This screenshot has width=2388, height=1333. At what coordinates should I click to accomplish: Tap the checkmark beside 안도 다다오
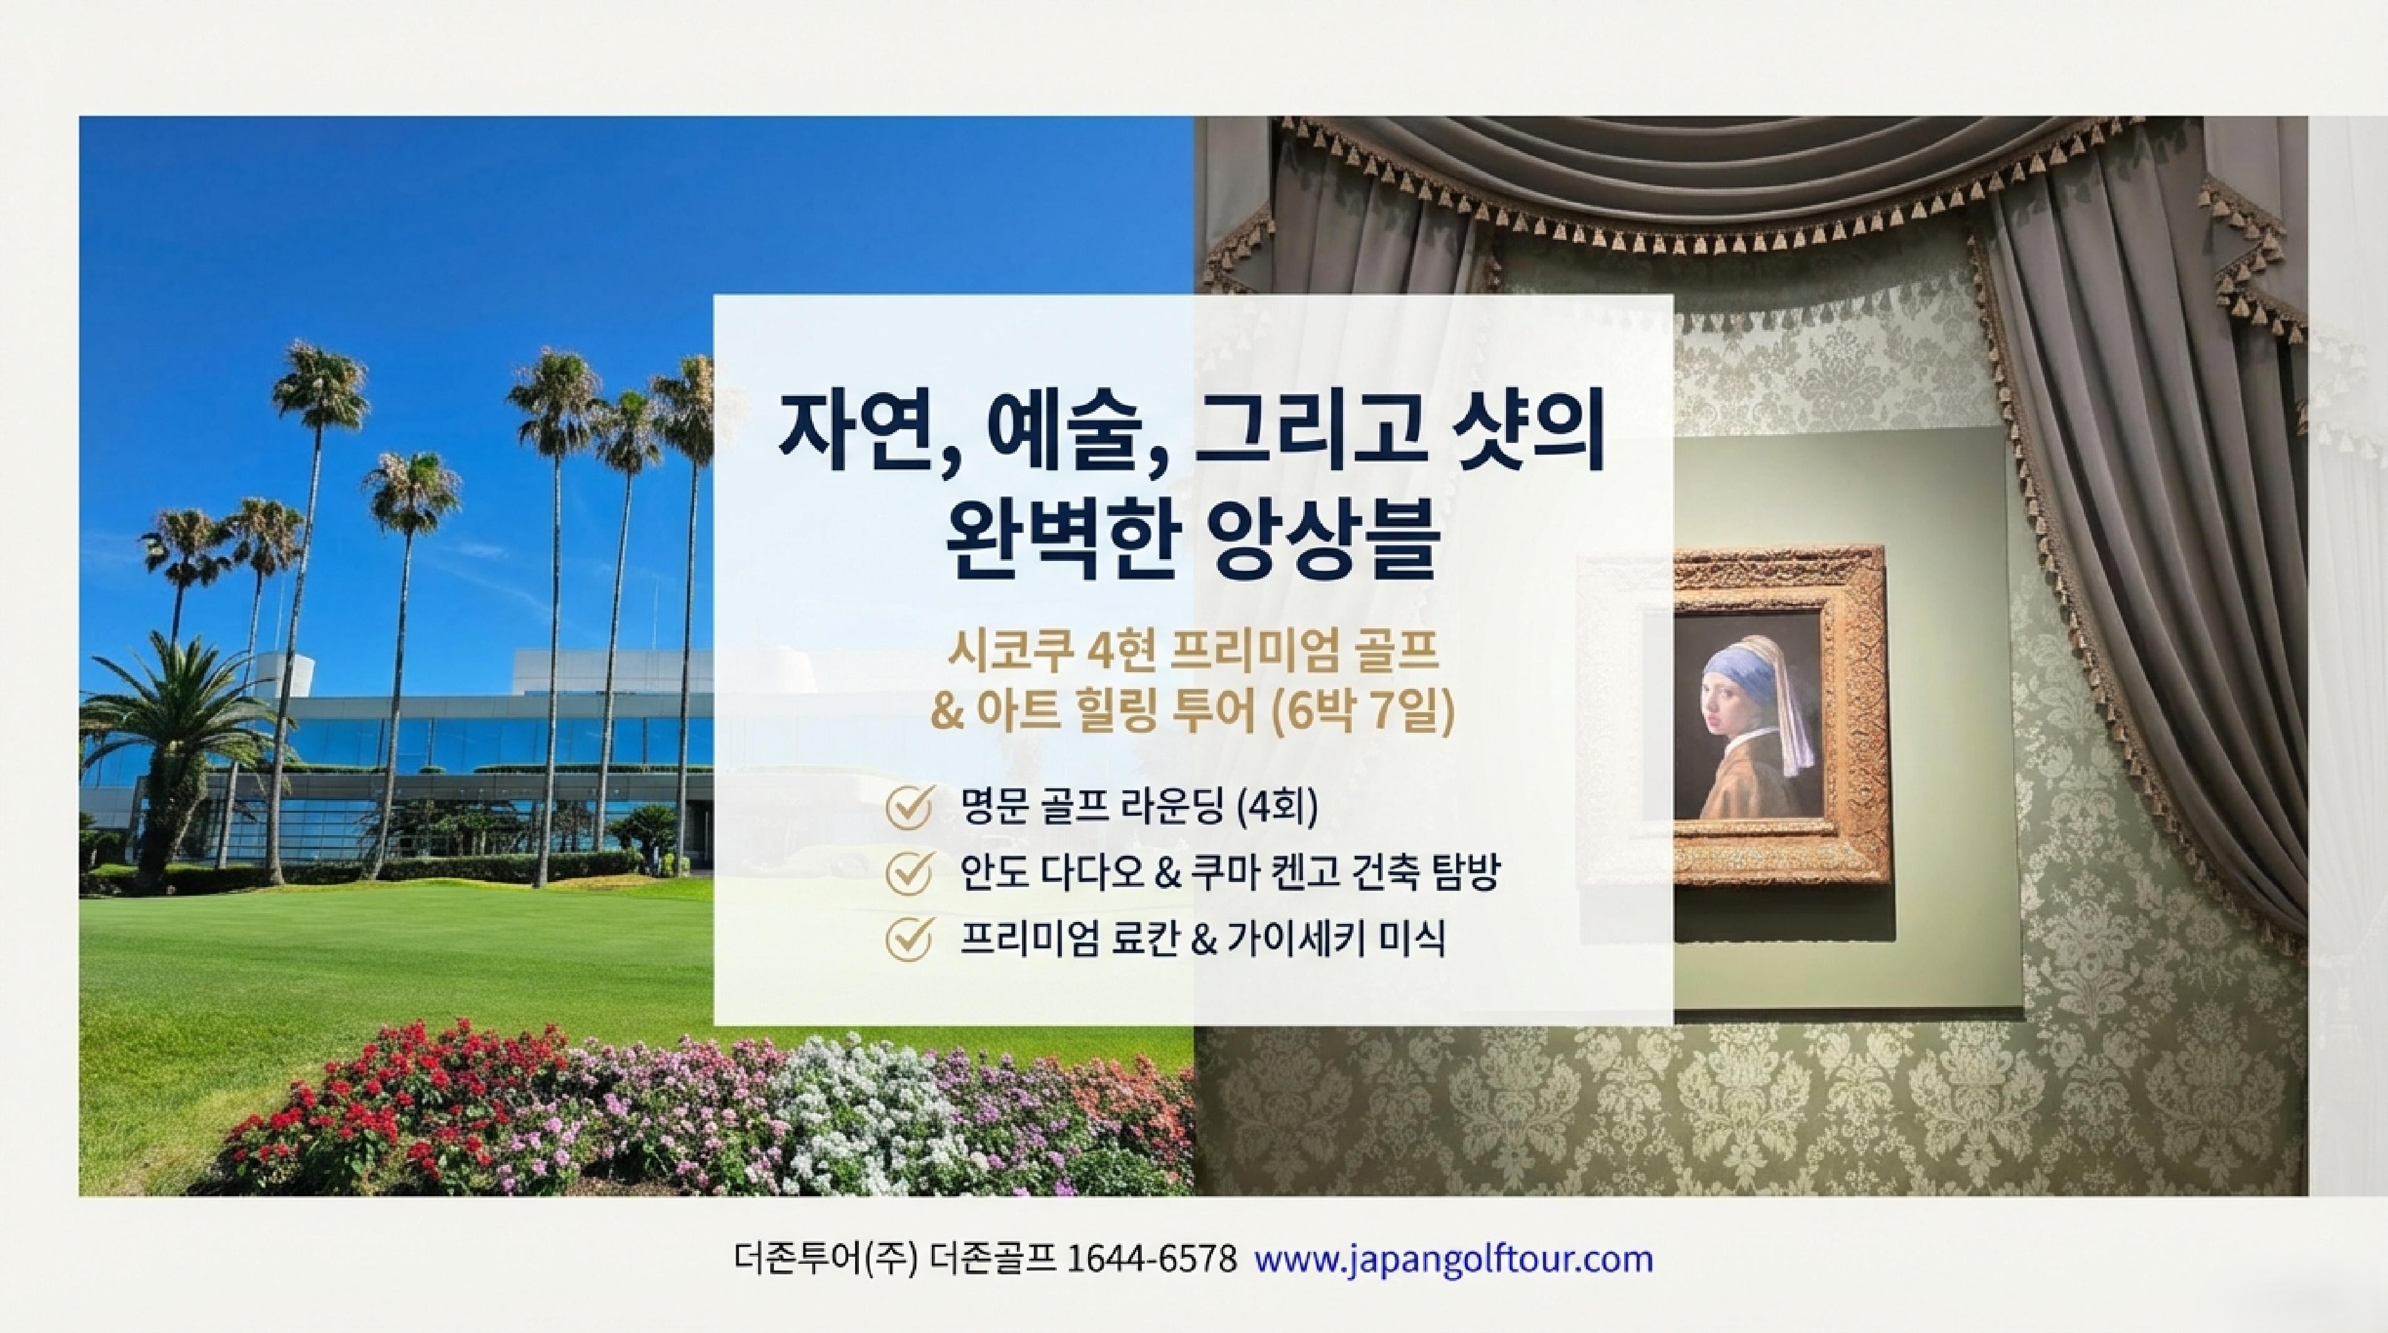(x=908, y=873)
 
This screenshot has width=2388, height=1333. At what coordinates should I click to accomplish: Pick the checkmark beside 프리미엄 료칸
(x=908, y=939)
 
